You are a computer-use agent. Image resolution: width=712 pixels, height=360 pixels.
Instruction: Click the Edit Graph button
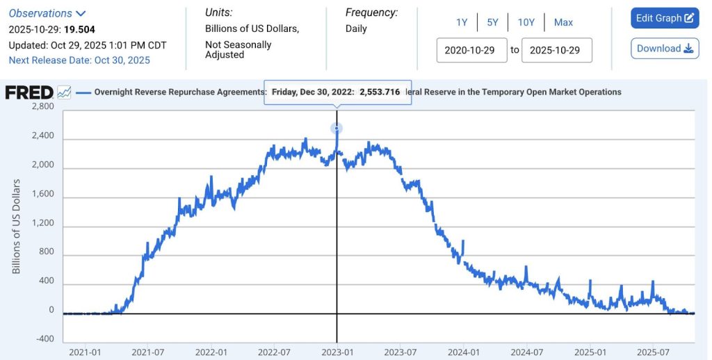point(664,18)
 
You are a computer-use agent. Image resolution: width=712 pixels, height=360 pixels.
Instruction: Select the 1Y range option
point(462,22)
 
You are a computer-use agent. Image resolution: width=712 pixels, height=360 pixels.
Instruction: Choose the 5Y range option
point(492,22)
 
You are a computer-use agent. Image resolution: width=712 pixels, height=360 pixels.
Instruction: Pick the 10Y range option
point(526,22)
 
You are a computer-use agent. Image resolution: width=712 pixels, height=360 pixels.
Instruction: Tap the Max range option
point(563,22)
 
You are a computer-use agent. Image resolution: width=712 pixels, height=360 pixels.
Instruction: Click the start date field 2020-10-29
point(471,50)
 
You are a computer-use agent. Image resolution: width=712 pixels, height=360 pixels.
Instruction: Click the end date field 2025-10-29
point(556,50)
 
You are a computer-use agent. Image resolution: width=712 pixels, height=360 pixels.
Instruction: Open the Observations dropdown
point(47,13)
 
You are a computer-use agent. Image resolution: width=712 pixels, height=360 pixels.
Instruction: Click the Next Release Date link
point(79,60)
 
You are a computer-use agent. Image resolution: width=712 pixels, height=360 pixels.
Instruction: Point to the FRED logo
point(29,92)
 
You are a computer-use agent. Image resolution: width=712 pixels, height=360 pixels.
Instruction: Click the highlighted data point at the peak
point(337,129)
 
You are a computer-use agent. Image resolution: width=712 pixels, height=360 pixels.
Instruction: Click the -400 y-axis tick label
point(44,338)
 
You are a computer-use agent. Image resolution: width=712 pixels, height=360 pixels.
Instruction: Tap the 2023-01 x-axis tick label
point(337,352)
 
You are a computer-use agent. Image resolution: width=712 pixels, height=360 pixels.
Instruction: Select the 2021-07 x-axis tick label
point(147,352)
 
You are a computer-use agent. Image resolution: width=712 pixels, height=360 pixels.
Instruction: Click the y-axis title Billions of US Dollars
point(16,226)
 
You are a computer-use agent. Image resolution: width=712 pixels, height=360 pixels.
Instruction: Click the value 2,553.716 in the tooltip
point(380,92)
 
